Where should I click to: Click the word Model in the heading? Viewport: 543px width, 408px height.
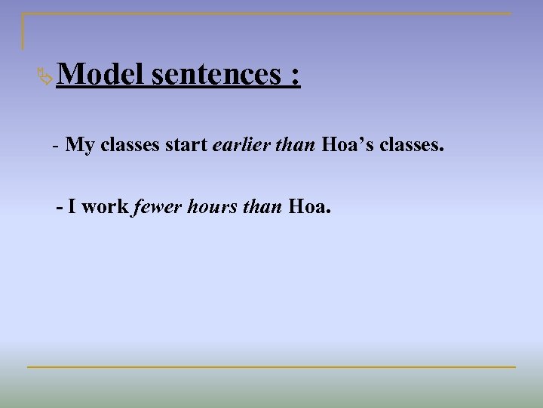(100, 75)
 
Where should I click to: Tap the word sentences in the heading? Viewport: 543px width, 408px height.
(216, 75)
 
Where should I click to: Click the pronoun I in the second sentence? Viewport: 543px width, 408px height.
(72, 206)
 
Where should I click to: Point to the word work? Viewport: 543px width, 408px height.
(105, 206)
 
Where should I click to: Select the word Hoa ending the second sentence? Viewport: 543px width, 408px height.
(308, 206)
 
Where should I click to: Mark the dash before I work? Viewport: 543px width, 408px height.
(60, 206)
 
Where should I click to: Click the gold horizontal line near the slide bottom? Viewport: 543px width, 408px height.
(271, 367)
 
